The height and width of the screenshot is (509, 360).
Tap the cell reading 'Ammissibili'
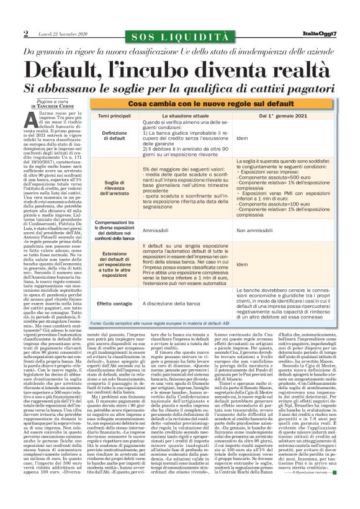[x=160, y=230]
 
